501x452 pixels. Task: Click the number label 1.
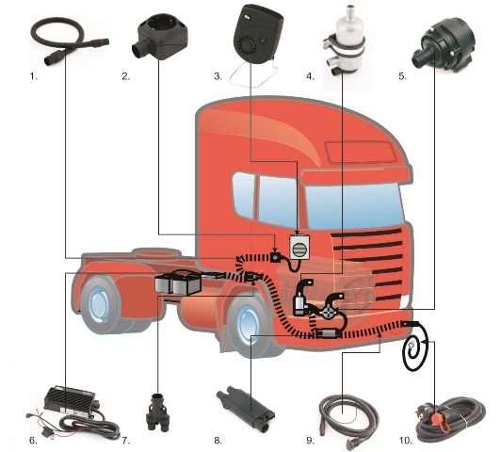tap(33, 76)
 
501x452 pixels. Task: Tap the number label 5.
tap(402, 76)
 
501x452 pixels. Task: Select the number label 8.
tap(218, 441)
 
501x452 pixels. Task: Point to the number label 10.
tap(405, 441)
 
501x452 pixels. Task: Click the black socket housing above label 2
tap(160, 40)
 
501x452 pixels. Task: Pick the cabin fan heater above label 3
tap(258, 35)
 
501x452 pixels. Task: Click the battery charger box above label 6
tap(72, 402)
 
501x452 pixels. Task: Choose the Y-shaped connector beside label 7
tap(157, 412)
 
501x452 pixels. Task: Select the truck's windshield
tap(354, 206)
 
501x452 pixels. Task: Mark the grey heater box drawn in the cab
tap(299, 247)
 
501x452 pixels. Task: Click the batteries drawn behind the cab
tap(178, 282)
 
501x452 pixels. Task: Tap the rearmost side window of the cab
tap(244, 195)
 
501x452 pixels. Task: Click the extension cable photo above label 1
tap(70, 40)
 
